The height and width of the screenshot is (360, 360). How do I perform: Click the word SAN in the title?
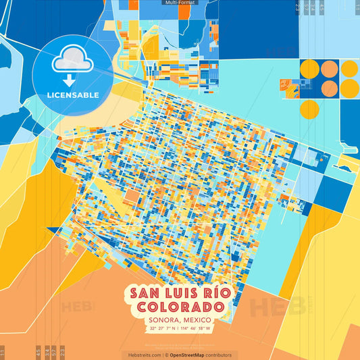[145, 293]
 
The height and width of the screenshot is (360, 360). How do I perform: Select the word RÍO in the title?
[223, 293]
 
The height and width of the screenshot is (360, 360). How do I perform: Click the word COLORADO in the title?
[180, 307]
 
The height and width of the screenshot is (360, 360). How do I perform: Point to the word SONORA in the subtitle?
[159, 319]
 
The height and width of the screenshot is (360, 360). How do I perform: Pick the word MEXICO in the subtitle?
[197, 319]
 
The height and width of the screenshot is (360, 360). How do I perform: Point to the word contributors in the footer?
[219, 355]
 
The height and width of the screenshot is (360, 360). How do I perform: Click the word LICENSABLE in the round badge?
[72, 95]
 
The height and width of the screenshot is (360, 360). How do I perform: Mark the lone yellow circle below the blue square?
[309, 109]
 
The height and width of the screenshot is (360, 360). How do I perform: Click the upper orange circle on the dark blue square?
[330, 69]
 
